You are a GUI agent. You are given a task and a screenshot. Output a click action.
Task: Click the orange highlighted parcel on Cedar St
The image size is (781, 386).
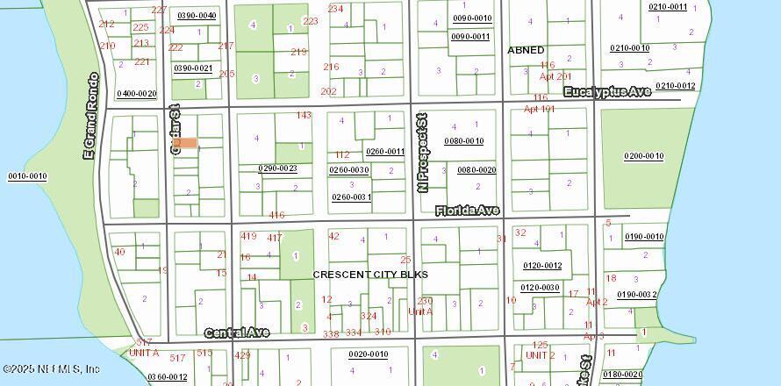point(187,143)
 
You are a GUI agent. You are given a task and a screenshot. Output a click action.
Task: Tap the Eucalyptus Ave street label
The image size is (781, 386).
point(606,91)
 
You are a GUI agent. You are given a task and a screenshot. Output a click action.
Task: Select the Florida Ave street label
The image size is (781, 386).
point(467,211)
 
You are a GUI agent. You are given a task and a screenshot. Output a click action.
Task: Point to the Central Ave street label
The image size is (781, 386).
point(237,332)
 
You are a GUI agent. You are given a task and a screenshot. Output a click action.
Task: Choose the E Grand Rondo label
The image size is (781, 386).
point(90,116)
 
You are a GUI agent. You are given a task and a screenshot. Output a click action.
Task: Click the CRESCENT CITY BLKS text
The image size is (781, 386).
point(370,275)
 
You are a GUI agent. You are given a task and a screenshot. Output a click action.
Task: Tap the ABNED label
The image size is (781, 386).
point(526,50)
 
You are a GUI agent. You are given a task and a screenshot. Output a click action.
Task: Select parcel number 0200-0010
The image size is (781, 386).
point(644,156)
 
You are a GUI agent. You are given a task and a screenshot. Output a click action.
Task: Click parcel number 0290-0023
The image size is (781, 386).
point(277,168)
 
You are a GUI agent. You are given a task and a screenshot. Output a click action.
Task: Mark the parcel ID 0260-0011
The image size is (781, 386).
point(385,151)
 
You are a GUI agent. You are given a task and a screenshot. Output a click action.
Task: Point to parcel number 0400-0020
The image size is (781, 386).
point(136,93)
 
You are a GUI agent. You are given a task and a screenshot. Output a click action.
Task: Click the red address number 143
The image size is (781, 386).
point(304,115)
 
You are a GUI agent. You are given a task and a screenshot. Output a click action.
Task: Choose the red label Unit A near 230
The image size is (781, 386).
point(421,311)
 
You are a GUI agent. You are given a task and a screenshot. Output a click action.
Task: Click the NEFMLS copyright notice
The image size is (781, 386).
point(51,369)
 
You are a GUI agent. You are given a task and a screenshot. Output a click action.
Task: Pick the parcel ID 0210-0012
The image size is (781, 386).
point(675,85)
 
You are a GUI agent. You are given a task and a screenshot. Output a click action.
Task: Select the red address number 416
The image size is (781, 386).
point(277,215)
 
